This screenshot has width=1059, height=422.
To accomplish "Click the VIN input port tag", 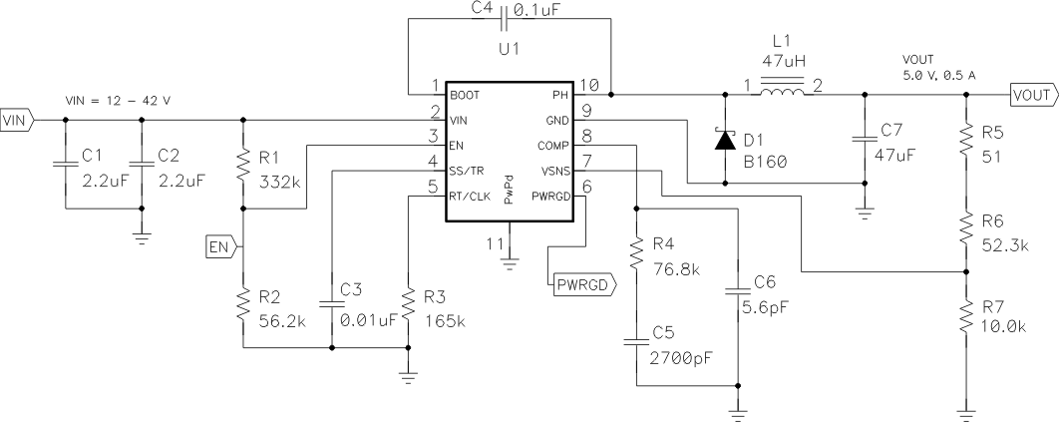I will (18, 120).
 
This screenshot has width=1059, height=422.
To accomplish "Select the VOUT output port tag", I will (1032, 96).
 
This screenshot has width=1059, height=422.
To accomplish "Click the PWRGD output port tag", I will (583, 284).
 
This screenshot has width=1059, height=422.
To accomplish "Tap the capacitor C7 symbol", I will (864, 141).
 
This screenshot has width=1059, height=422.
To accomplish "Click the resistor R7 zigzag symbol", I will (965, 318).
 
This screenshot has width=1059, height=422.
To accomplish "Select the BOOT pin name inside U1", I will (465, 96).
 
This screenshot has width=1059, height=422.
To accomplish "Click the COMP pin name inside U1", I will (554, 145).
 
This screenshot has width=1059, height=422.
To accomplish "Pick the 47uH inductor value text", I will (783, 61).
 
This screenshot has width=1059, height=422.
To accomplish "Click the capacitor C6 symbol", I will (737, 290).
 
